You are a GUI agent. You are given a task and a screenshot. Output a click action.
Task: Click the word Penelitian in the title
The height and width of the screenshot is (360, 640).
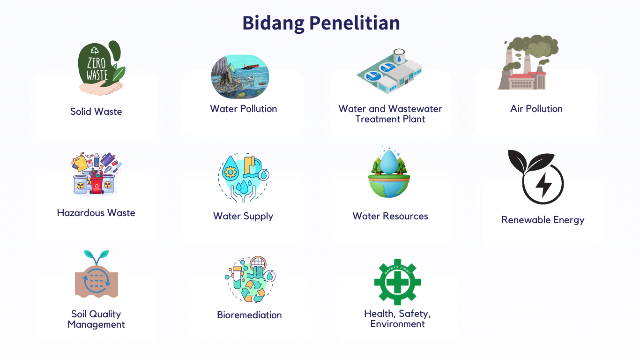(x=355, y=23)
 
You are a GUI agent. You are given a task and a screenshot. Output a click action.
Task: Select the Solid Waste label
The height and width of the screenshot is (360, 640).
(x=96, y=112)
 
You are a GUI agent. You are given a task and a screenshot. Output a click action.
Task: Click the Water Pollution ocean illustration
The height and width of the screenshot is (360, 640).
(x=240, y=76)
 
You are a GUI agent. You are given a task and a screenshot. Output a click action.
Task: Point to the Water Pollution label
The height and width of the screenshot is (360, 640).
(x=244, y=109)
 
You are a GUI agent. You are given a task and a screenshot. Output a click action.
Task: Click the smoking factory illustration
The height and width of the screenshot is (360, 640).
(x=528, y=62)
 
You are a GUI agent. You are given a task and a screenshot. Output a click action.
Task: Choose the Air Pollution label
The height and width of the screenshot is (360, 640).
(x=536, y=109)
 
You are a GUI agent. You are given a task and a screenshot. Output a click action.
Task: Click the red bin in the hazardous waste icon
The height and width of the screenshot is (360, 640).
(x=97, y=184)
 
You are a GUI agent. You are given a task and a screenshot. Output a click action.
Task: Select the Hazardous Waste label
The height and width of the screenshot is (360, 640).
(x=96, y=213)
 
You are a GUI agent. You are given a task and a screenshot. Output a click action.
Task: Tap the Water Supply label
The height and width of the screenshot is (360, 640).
(x=243, y=217)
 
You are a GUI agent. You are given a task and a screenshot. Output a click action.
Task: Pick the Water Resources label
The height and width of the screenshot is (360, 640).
(x=390, y=216)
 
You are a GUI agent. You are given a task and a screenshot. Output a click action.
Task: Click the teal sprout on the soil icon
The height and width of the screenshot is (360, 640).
(x=97, y=257)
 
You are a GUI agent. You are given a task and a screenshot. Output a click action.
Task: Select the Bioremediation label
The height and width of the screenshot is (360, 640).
(x=249, y=315)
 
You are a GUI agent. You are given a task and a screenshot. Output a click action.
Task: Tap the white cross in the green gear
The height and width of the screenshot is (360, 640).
(x=397, y=282)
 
